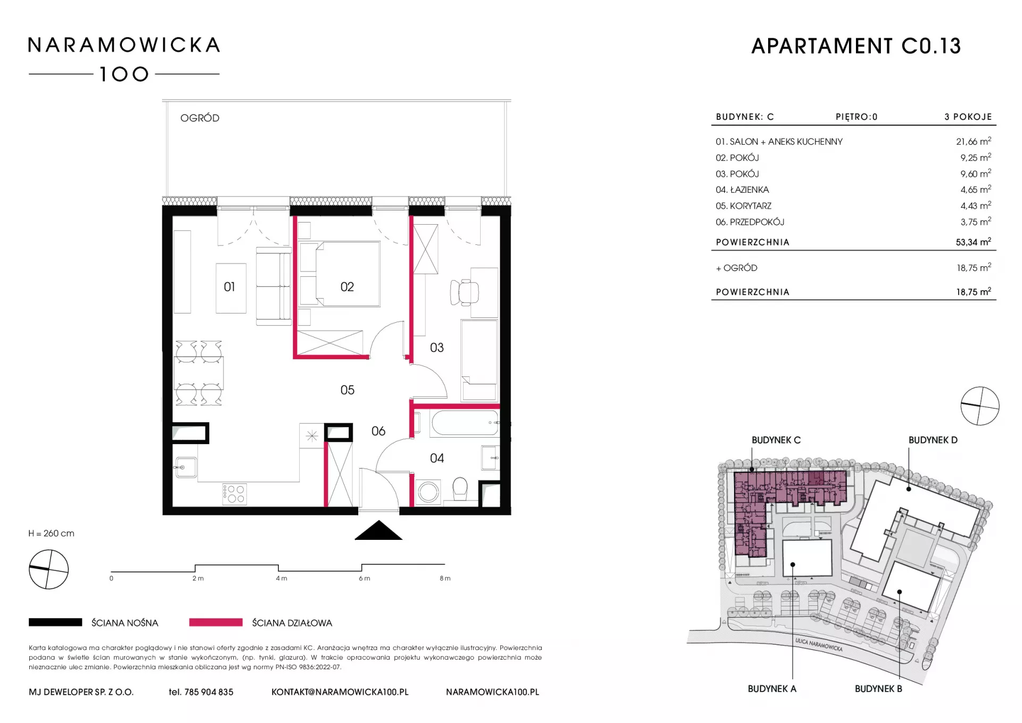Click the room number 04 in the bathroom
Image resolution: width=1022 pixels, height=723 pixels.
(x=436, y=458)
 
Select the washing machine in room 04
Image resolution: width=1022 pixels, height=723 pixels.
(x=428, y=492)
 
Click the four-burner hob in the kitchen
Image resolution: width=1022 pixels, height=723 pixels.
(x=234, y=494)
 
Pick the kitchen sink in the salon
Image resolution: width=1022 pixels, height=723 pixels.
(x=185, y=467)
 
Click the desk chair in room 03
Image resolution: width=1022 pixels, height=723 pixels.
(x=464, y=292)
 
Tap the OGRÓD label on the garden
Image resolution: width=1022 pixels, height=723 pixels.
(x=200, y=118)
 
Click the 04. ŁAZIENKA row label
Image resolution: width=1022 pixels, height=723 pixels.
(x=742, y=190)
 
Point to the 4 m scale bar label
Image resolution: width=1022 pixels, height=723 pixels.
(x=282, y=578)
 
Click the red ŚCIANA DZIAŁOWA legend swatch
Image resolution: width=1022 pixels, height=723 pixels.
(x=216, y=622)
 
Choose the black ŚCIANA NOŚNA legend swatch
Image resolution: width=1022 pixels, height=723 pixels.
(x=55, y=622)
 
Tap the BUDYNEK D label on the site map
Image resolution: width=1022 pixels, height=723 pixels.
(x=933, y=440)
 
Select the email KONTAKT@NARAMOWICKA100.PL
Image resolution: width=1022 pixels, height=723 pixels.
(x=340, y=692)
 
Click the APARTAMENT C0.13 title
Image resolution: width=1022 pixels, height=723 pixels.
(x=856, y=46)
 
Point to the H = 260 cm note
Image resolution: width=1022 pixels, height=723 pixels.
(x=52, y=533)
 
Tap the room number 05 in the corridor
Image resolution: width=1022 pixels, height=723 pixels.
(x=347, y=390)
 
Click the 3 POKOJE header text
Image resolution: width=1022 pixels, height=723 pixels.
(x=968, y=117)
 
